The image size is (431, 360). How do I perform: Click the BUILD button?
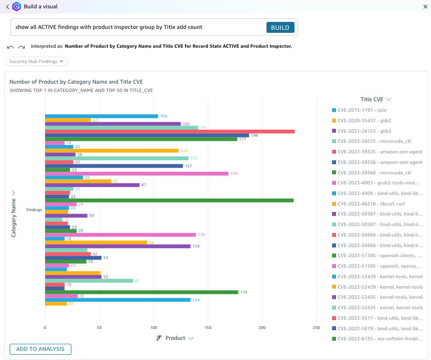click(x=280, y=28)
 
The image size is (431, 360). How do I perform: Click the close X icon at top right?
click(x=425, y=7)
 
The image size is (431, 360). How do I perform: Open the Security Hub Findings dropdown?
click(x=37, y=61)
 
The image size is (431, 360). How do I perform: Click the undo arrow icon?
click(x=11, y=47)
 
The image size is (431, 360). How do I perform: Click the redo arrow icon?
click(x=21, y=47)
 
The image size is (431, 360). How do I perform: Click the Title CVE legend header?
click(x=375, y=99)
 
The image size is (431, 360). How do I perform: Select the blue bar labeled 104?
click(x=101, y=116)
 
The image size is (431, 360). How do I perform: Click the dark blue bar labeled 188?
click(x=147, y=135)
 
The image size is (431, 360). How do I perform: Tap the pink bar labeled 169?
click(x=137, y=173)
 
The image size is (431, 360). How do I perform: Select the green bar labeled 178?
click(x=141, y=292)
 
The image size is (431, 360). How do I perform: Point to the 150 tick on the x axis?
click(x=208, y=328)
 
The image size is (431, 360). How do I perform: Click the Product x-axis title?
click(x=175, y=338)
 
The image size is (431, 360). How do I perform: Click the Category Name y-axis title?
click(x=14, y=218)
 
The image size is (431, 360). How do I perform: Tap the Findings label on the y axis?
click(x=34, y=210)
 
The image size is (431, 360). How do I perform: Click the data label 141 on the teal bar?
click(x=203, y=128)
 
